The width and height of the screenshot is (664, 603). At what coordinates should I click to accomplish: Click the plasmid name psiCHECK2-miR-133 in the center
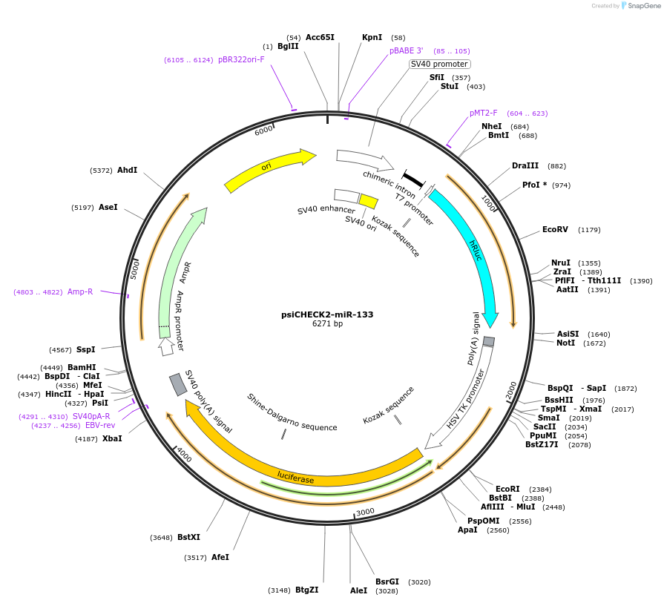point(327,314)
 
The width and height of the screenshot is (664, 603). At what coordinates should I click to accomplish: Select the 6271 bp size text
point(327,324)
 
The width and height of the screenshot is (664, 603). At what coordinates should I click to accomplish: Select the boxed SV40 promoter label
point(439,64)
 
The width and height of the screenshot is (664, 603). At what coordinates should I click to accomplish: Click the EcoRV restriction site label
point(555,229)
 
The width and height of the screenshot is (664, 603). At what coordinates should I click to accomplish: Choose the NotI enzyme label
point(565,343)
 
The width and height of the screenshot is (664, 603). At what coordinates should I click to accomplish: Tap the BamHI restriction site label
point(82,367)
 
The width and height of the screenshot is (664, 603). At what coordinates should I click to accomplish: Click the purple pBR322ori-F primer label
point(241,59)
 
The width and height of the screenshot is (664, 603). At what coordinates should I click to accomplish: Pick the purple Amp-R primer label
point(80,291)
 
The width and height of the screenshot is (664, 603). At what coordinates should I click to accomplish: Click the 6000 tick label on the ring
point(263,131)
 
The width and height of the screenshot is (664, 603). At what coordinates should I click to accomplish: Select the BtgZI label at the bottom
point(306,590)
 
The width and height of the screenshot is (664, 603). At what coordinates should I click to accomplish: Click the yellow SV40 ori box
point(368,200)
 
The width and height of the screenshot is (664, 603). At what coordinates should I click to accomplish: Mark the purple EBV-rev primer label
point(100,426)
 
